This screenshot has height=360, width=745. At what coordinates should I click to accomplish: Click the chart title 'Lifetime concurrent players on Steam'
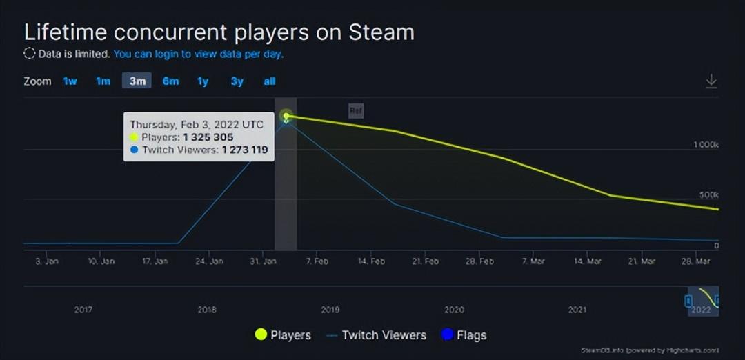coord(219,32)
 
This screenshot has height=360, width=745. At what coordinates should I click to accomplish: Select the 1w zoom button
coord(70,81)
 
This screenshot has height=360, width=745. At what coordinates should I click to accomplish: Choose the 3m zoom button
coord(137,81)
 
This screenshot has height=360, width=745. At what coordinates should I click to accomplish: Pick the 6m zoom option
coord(170,81)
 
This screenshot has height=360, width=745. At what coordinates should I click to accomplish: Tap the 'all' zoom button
coord(270,81)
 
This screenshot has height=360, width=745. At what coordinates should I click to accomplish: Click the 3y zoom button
coord(237,81)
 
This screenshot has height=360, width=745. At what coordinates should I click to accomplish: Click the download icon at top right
coord(711,81)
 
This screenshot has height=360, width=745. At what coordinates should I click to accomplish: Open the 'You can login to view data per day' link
coord(198,54)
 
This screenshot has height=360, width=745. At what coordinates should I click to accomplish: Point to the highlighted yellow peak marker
coord(286,116)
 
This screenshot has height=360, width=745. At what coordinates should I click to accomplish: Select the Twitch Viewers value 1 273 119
coord(244,150)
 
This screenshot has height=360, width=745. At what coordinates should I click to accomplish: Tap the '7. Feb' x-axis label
coord(317,262)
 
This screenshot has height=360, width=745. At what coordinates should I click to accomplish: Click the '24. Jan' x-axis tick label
coord(209,262)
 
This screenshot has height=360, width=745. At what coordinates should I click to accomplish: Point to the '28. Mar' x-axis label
coord(697,262)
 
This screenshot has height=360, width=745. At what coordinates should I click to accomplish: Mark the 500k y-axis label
coord(708,195)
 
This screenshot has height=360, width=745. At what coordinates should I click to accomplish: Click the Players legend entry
coord(283,335)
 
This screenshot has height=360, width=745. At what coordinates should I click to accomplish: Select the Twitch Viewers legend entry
coord(376,335)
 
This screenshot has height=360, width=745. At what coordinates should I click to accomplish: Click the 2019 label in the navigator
coord(330,310)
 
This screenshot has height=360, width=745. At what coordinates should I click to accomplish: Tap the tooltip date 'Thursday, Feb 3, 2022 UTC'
coord(196,125)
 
